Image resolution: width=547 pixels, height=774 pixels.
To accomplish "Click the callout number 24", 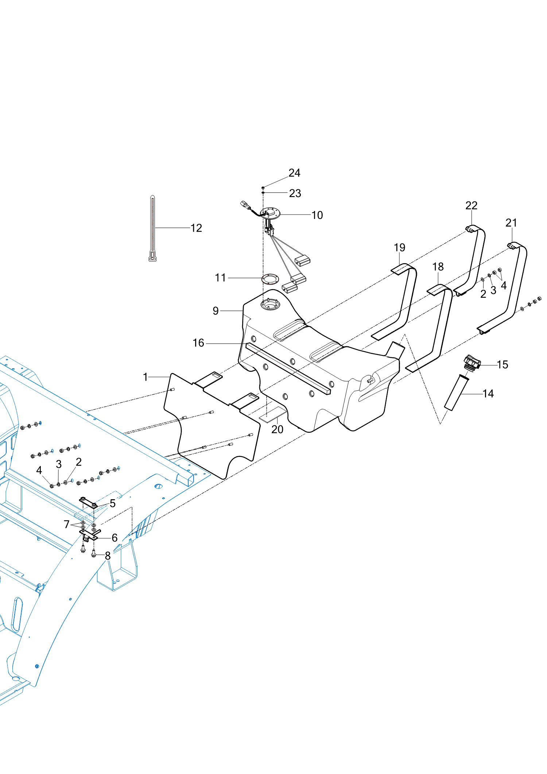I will (294, 173).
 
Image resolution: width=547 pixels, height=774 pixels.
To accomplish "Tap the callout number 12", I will (196, 228).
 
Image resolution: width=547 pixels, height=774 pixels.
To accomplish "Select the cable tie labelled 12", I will (152, 228).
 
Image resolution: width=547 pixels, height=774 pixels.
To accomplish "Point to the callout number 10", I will (317, 215).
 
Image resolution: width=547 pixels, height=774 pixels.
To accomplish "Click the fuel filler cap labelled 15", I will (472, 362).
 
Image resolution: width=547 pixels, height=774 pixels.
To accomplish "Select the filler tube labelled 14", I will (456, 393).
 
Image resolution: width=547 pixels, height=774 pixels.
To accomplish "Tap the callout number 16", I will (198, 343).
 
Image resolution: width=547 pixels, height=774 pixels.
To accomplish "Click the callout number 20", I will (277, 430).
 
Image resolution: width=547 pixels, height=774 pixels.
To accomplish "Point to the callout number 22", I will (471, 206).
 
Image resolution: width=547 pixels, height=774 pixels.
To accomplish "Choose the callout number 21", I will (511, 223).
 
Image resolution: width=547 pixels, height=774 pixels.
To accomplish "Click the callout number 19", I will (399, 247).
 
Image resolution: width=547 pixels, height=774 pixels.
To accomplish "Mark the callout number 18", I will (438, 267).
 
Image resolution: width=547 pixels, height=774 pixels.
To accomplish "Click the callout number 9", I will (216, 311).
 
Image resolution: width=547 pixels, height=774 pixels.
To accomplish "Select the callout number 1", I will (146, 377).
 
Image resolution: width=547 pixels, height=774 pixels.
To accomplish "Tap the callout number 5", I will (113, 504).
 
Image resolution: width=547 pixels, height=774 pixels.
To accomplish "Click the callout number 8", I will (108, 556).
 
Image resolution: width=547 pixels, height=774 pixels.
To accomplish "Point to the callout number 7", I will (66, 524).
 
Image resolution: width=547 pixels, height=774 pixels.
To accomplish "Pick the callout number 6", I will (115, 538).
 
